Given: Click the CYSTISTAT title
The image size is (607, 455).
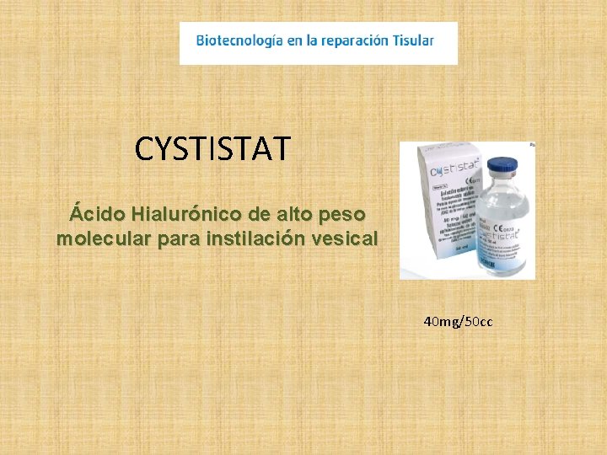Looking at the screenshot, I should pyautogui.click(x=212, y=149).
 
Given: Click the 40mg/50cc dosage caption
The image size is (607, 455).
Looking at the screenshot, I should pyautogui.click(x=459, y=322).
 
